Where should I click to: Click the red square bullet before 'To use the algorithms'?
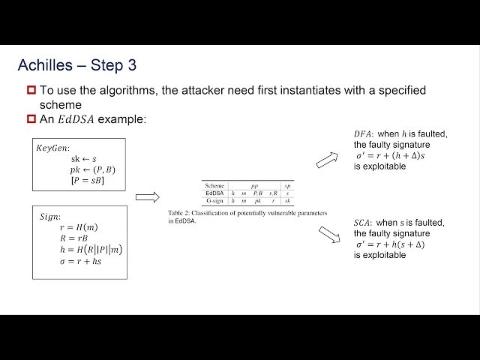[31, 91]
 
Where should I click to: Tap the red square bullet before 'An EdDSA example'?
[31, 118]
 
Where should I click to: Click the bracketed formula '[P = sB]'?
[88, 181]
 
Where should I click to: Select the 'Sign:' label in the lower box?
[52, 217]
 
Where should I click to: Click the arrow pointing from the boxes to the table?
[148, 197]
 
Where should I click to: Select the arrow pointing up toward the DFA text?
[326, 159]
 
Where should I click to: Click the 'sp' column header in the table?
[287, 184]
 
